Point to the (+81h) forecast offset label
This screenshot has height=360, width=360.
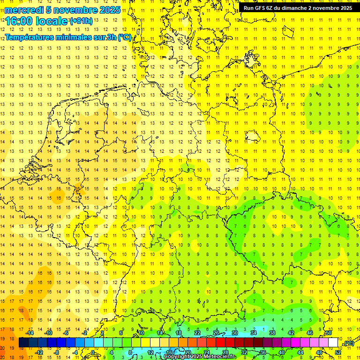pyautogui.click(x=81, y=21)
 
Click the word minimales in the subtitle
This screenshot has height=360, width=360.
pyautogui.click(x=75, y=37)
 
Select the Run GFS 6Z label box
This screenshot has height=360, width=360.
pyautogui.click(x=298, y=8)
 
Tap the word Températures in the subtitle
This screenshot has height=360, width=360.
pyautogui.click(x=30, y=37)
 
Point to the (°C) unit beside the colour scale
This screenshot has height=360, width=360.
pyautogui.click(x=348, y=344)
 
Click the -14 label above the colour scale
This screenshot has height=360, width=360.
pyautogui.click(x=30, y=333)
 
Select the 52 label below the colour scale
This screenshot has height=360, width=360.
pyautogui.click(x=338, y=352)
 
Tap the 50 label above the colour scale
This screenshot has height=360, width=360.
pyautogui.click(x=329, y=333)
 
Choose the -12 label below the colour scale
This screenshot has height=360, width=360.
pyautogui.click(x=39, y=352)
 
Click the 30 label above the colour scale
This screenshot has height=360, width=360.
pyautogui.click(x=235, y=333)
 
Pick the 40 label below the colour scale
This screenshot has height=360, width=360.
pyautogui.click(x=281, y=352)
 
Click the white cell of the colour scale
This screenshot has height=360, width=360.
pyautogui.click(x=333, y=343)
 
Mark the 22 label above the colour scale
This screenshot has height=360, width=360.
pyautogui.click(x=197, y=333)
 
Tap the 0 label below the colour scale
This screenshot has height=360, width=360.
pyautogui.click(x=93, y=352)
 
